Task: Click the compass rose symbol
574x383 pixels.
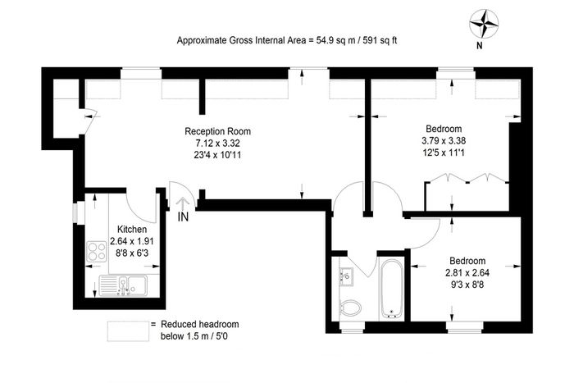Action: tap(484, 24)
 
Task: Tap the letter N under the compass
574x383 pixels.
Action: tap(479, 46)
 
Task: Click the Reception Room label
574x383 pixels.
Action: tap(218, 131)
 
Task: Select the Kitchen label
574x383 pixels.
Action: tap(132, 229)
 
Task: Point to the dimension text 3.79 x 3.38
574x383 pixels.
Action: tap(444, 140)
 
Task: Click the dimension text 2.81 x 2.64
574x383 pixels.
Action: tap(467, 273)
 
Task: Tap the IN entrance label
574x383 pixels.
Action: tap(183, 217)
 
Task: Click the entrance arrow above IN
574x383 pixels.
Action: tap(182, 203)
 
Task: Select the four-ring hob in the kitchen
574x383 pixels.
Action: tap(97, 252)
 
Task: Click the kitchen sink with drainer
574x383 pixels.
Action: tap(123, 285)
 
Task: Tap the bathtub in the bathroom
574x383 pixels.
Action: tap(391, 289)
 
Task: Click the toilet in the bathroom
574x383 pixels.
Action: tap(350, 308)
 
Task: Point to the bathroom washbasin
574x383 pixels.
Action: tap(346, 276)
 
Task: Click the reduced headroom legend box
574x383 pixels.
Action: tap(128, 331)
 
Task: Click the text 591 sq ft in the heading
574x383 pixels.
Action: tap(380, 40)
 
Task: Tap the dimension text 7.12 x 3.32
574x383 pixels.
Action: tap(218, 143)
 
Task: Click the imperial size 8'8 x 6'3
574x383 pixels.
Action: tap(132, 253)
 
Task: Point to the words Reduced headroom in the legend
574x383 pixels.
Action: tap(200, 325)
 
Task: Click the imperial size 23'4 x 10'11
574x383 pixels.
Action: tap(218, 155)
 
